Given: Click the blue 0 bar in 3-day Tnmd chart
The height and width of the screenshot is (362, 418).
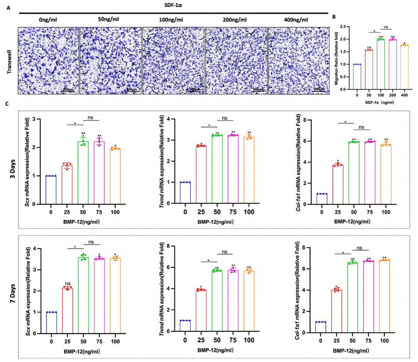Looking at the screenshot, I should [x=186, y=193].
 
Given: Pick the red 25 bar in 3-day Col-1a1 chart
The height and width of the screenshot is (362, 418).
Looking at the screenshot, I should [x=337, y=184].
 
